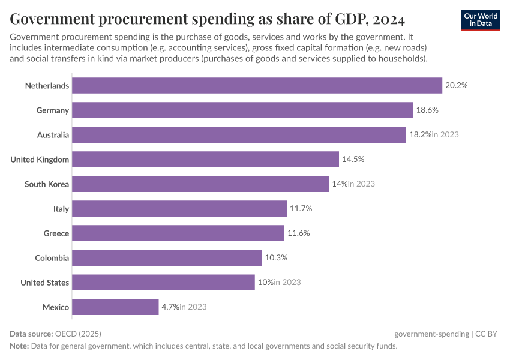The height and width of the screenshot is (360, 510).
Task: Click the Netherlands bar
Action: (257, 86)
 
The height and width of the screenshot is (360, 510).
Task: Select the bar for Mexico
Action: (115, 307)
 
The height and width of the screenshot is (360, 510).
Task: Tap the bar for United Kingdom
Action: (205, 160)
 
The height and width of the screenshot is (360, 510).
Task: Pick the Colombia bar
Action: (167, 258)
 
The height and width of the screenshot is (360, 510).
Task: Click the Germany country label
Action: (53, 110)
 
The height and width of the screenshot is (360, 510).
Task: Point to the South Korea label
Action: (47, 184)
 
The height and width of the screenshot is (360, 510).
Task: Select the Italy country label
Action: (61, 209)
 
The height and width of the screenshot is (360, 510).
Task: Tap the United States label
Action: (45, 283)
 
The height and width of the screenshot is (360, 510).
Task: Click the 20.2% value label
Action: (456, 86)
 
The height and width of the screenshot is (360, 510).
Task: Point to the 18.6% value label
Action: (427, 110)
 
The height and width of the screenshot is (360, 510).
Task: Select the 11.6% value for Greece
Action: (298, 233)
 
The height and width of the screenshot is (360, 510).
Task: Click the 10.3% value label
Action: (276, 258)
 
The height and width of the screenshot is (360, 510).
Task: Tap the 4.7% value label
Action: (170, 307)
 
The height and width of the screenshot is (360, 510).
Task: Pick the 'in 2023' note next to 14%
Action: (361, 184)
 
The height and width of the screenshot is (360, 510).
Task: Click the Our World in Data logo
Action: (481, 20)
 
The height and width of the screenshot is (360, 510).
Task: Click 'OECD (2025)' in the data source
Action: (73, 334)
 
